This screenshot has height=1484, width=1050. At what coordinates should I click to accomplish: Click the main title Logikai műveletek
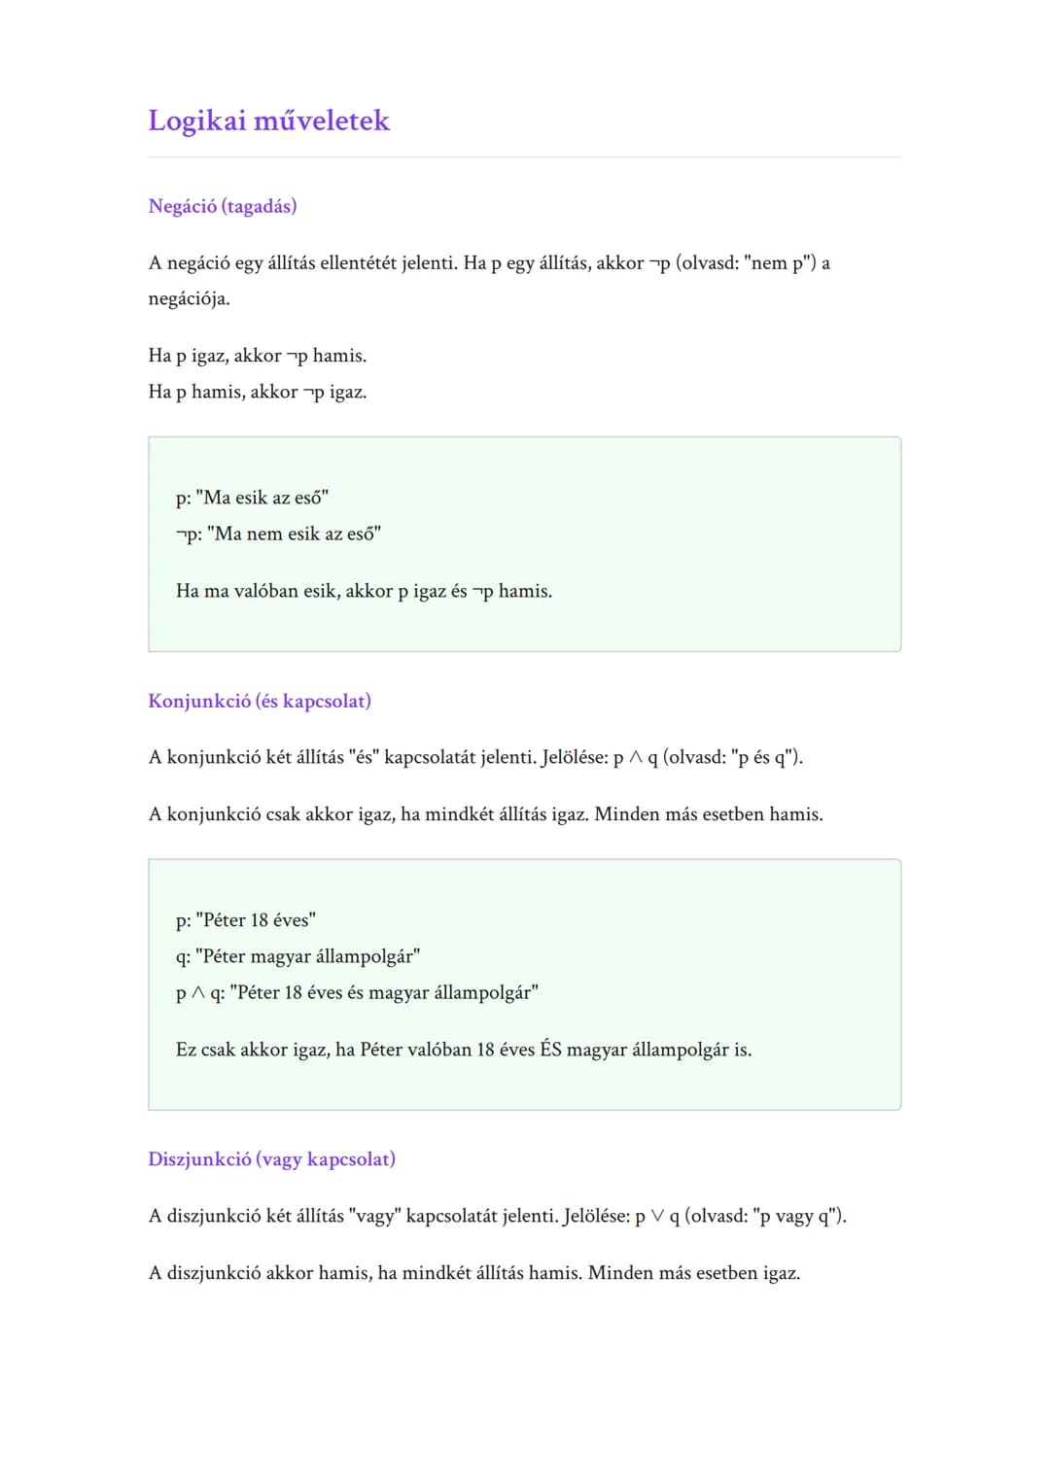coord(268,121)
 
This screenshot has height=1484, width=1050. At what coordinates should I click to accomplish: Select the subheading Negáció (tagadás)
coord(223,206)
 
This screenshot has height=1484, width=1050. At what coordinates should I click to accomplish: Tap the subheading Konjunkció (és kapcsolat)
coord(260,701)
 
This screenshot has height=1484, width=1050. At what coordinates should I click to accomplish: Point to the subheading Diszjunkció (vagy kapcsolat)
coord(271,1158)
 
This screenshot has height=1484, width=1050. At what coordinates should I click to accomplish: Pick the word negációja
coord(189,298)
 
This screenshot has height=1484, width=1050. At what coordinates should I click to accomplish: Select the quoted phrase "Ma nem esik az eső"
coord(294,534)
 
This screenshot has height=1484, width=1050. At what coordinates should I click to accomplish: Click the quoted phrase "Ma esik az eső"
coord(262,498)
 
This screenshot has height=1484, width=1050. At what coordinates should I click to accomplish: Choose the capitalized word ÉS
coord(550,1050)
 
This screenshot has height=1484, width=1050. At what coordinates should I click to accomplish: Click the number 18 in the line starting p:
coord(260,920)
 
